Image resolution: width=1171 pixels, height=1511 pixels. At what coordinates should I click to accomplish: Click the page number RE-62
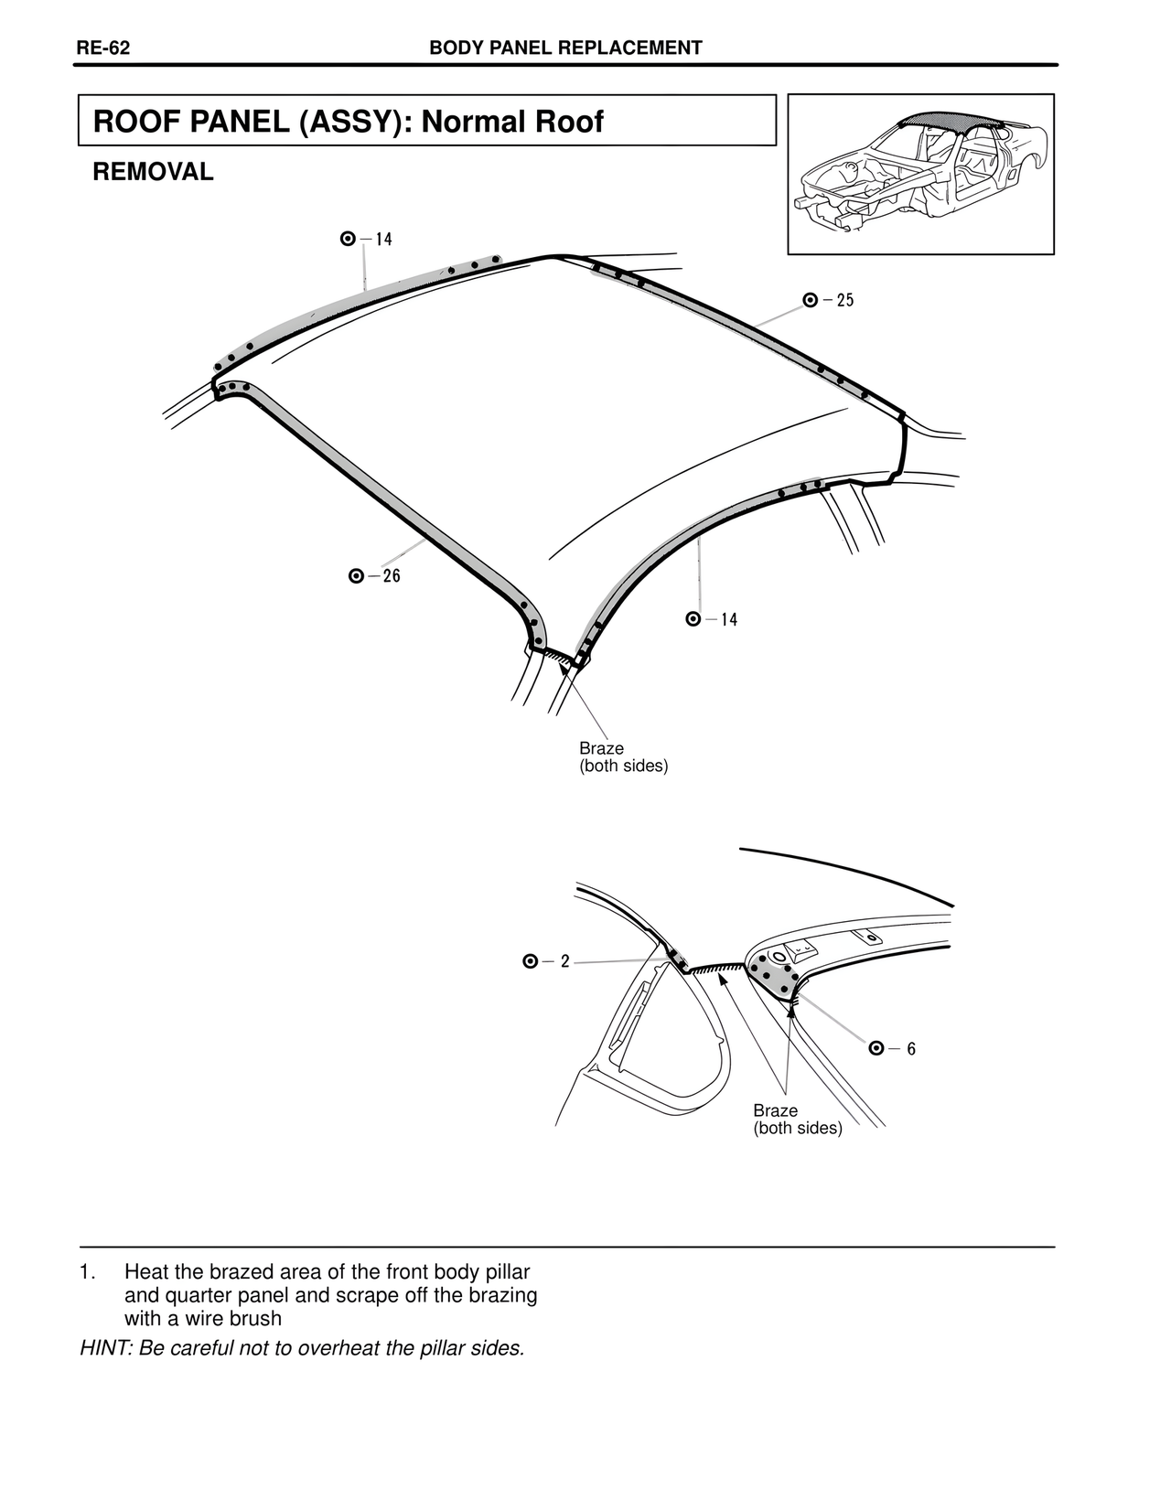pos(102,48)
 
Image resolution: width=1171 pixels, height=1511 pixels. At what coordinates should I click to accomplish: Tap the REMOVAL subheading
pos(153,172)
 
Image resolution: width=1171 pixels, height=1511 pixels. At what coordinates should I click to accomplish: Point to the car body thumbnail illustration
pos(920,174)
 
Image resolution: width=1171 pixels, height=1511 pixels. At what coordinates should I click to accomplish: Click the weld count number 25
pos(845,300)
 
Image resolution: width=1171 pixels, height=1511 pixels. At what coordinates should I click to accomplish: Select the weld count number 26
pos(392,575)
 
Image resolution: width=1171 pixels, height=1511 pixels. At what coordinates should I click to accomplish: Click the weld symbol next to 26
pos(356,575)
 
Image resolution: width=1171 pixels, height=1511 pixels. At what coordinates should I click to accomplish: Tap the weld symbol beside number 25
pos(811,300)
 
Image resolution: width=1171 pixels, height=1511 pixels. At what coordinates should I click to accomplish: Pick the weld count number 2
pos(564,961)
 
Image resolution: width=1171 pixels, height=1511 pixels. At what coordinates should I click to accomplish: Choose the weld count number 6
pos(911,1048)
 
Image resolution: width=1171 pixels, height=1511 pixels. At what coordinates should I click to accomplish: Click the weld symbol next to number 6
pos(876,1048)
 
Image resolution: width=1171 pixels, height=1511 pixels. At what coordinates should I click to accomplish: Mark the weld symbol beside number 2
pos(530,961)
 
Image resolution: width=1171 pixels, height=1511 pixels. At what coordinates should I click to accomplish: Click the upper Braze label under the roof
pos(601,749)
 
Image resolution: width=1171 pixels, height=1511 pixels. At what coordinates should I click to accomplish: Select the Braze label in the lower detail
pos(776,1111)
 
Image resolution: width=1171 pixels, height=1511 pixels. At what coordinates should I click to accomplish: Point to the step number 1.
pos(86,1272)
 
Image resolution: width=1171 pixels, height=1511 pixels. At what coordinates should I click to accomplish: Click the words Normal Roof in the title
pos(512,122)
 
